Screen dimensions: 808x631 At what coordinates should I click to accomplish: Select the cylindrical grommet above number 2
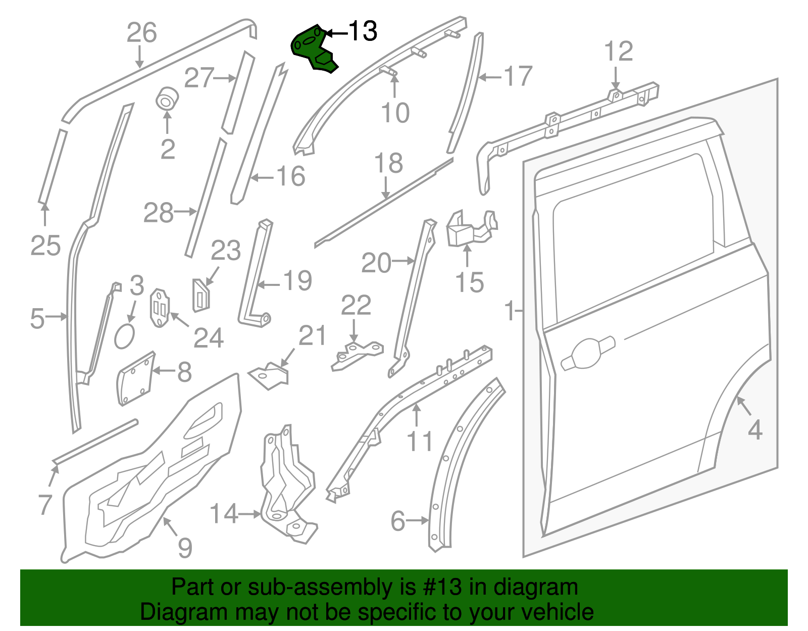[167, 98]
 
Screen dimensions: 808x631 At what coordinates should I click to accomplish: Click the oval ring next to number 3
[124, 336]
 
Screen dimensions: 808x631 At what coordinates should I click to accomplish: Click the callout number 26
[142, 32]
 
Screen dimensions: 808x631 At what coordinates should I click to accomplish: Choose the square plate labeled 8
[135, 378]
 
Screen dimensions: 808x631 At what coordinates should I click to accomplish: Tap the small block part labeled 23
[201, 296]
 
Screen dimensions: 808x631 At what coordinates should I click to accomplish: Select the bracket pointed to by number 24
[160, 308]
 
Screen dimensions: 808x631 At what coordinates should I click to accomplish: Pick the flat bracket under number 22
[357, 356]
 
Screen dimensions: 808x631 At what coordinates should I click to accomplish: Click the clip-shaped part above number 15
[472, 229]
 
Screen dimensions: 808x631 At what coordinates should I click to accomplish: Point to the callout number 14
[224, 513]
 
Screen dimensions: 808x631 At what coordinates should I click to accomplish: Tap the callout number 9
[185, 547]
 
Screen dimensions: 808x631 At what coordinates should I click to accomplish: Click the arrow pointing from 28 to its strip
[185, 212]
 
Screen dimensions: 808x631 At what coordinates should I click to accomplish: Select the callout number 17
[518, 76]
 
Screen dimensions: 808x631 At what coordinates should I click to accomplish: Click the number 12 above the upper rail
[618, 51]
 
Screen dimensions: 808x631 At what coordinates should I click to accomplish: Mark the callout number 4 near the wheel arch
[755, 430]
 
